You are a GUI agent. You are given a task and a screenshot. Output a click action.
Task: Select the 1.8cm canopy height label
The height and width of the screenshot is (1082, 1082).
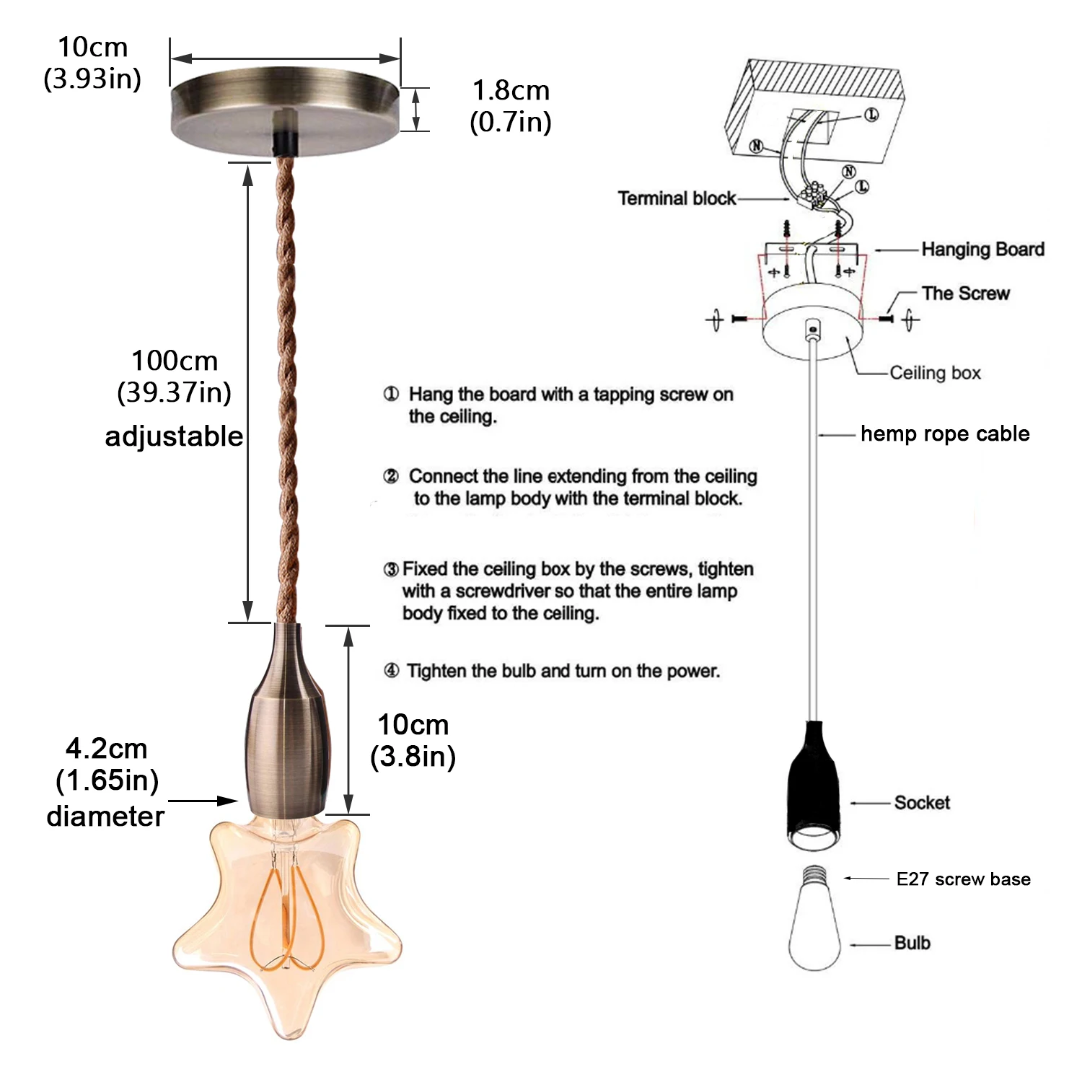(x=511, y=105)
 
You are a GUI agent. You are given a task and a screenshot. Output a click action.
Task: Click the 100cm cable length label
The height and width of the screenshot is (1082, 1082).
(x=175, y=376)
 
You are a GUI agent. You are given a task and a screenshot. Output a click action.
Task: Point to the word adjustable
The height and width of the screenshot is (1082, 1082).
(x=174, y=436)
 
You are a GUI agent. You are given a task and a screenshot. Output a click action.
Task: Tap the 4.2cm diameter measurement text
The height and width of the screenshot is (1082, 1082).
(x=107, y=764)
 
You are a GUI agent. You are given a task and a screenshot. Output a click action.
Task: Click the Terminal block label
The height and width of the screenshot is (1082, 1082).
(x=677, y=198)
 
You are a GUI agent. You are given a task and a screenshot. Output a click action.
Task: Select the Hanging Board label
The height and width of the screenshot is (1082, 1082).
(x=982, y=250)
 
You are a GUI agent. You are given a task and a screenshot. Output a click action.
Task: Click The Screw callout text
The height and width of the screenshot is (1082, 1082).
(x=965, y=294)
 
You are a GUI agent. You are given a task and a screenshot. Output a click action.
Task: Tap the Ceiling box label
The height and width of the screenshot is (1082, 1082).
(x=935, y=373)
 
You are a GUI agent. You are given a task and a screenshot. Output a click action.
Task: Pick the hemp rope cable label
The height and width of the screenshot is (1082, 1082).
(x=945, y=434)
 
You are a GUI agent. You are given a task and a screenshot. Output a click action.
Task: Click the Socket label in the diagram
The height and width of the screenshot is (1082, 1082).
(x=921, y=803)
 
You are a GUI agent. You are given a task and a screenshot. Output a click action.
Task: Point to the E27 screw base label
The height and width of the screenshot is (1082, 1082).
(x=963, y=879)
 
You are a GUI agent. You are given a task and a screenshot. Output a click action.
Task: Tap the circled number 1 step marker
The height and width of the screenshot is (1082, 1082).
(x=391, y=394)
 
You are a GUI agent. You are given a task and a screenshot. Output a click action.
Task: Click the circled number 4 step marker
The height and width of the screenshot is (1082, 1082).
(x=391, y=671)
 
